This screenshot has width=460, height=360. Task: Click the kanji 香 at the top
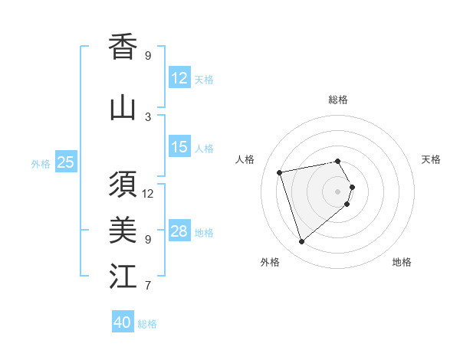(123, 47)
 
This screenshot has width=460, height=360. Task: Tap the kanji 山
(123, 108)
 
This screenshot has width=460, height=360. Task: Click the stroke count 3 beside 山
(148, 117)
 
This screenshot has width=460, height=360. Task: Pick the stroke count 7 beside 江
(148, 286)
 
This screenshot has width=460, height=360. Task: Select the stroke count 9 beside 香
(148, 56)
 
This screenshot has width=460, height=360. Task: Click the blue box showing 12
(179, 77)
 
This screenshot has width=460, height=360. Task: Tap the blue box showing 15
(179, 147)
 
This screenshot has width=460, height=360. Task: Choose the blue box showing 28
(179, 231)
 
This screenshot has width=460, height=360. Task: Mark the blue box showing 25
(66, 162)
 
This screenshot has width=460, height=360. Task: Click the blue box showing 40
(123, 322)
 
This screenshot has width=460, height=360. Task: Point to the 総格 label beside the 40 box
(147, 324)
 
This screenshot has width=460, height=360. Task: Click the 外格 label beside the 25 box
(41, 163)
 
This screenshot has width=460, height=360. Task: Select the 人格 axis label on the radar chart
(245, 159)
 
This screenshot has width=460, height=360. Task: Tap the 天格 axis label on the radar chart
(431, 159)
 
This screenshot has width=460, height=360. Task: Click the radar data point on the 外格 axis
(301, 242)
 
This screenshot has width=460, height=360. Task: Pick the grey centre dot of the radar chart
(337, 191)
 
